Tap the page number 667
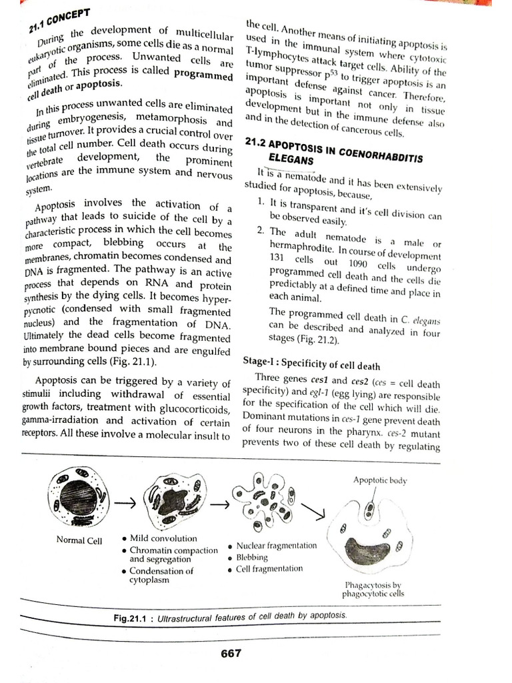231,653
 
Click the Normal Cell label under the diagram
79,540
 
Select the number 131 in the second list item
277,258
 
